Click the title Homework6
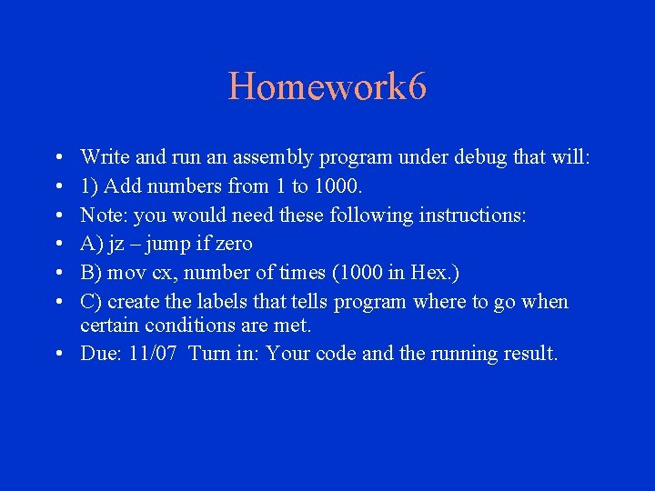pyautogui.click(x=327, y=87)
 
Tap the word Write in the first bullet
pyautogui.click(x=101, y=158)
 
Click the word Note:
pyautogui.click(x=104, y=215)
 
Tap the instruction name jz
pyautogui.click(x=116, y=245)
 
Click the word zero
pyautogui.click(x=233, y=245)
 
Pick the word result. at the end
pyautogui.click(x=527, y=354)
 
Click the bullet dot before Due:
pyautogui.click(x=58, y=354)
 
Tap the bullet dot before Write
pyautogui.click(x=58, y=158)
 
